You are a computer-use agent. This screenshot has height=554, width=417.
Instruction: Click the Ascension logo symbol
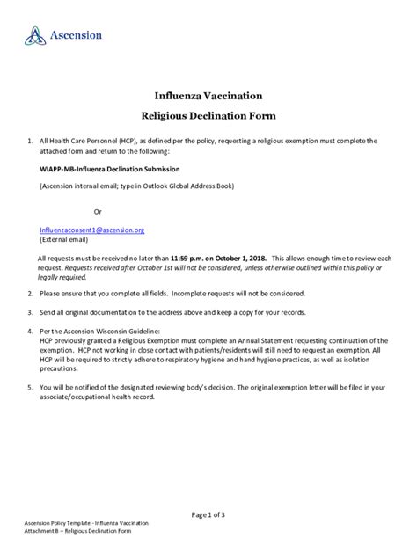34,35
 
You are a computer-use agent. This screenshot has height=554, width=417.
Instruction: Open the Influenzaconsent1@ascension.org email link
91,229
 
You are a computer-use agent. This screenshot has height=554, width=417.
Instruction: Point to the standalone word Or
98,212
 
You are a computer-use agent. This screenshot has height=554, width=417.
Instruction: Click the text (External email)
64,238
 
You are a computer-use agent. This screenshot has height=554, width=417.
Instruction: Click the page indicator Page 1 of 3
208,514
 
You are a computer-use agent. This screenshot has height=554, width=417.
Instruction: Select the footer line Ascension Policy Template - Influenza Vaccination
86,524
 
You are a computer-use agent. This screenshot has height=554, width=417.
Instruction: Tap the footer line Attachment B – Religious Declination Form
77,532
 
